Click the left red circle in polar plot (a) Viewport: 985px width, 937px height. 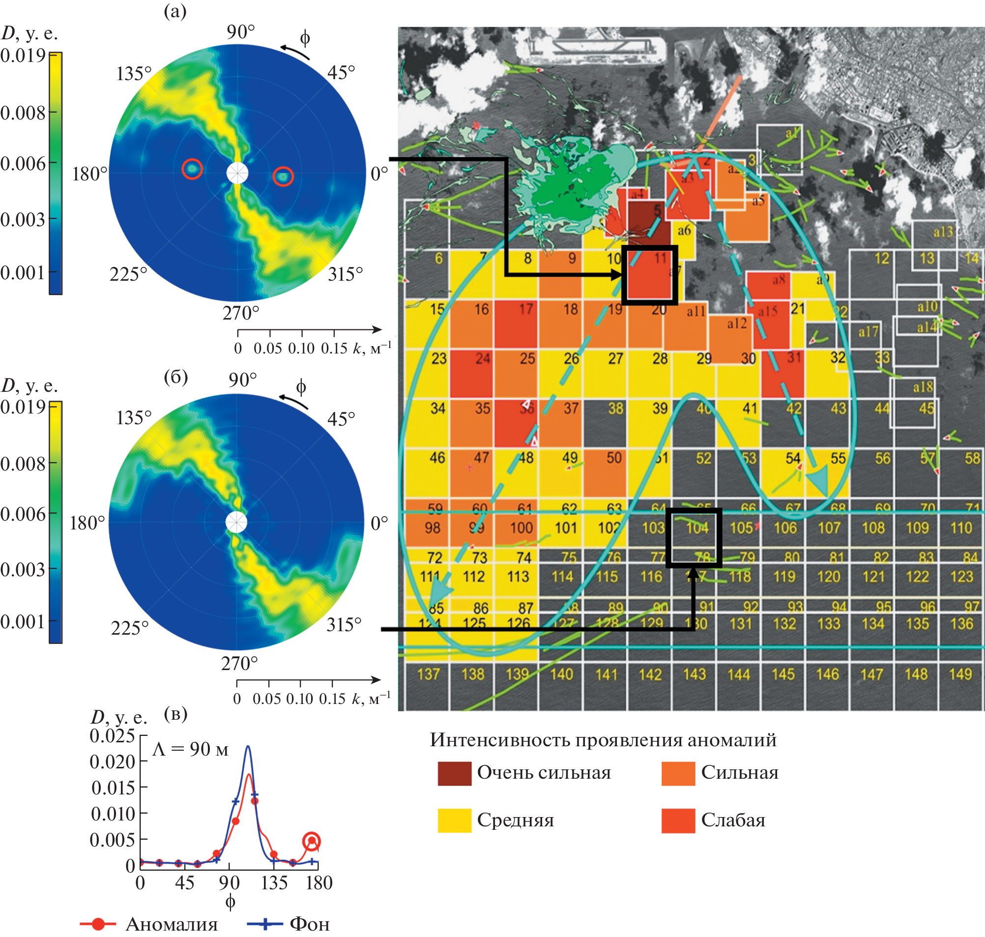(x=192, y=169)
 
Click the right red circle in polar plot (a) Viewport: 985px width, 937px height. (x=283, y=176)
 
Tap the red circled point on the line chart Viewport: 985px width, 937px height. (x=312, y=842)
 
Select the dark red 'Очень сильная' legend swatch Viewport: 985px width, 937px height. (x=454, y=773)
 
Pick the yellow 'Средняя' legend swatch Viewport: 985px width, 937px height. (x=454, y=820)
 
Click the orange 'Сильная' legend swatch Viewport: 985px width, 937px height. (x=678, y=773)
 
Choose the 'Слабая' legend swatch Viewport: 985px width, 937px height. (x=678, y=820)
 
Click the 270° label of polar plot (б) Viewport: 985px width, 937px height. (x=240, y=664)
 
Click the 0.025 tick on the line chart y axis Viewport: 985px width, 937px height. (x=113, y=736)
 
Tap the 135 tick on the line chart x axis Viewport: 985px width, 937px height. (x=274, y=883)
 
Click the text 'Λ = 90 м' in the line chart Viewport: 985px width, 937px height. (x=190, y=749)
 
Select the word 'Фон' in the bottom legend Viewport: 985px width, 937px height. (x=310, y=925)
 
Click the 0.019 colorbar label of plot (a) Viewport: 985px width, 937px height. (x=23, y=56)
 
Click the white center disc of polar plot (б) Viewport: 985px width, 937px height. (x=236, y=522)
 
